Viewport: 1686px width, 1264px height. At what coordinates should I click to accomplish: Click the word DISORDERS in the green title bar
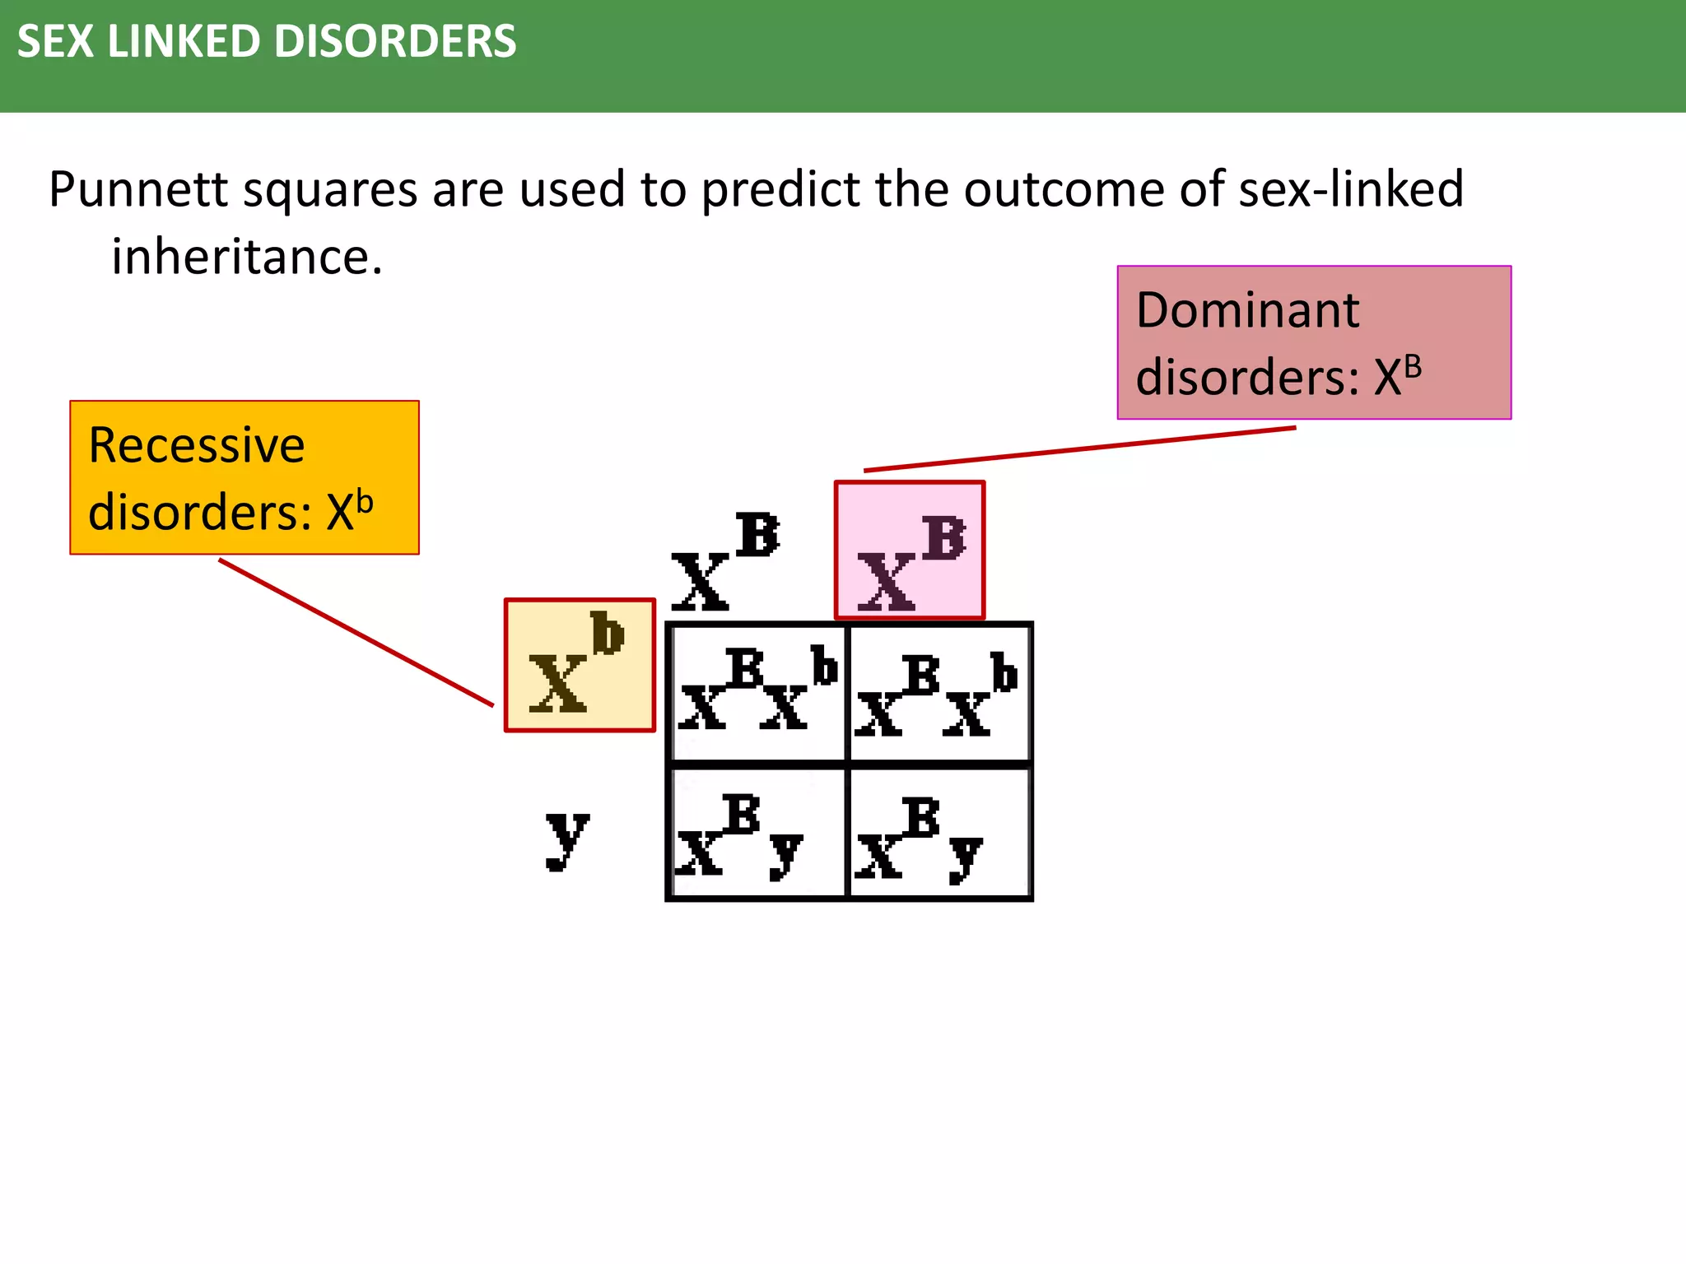394,41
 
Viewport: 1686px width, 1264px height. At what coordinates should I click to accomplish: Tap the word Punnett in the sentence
138,189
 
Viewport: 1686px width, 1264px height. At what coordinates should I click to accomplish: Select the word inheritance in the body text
246,257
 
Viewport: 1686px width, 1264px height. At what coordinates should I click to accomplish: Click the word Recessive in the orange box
196,445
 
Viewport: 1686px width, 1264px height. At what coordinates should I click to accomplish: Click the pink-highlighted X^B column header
910,551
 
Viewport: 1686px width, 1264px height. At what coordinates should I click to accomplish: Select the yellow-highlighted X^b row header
580,665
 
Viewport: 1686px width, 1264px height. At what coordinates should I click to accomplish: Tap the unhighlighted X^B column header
724,561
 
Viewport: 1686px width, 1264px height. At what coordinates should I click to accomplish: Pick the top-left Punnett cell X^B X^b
757,693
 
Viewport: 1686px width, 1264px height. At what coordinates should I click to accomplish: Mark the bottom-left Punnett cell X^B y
757,833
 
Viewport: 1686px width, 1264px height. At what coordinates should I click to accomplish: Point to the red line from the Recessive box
356,632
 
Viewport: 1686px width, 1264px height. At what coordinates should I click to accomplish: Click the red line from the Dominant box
1079,449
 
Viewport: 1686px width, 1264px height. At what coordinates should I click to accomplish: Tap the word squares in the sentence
331,189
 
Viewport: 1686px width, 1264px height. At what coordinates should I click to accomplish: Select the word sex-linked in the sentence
1351,189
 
